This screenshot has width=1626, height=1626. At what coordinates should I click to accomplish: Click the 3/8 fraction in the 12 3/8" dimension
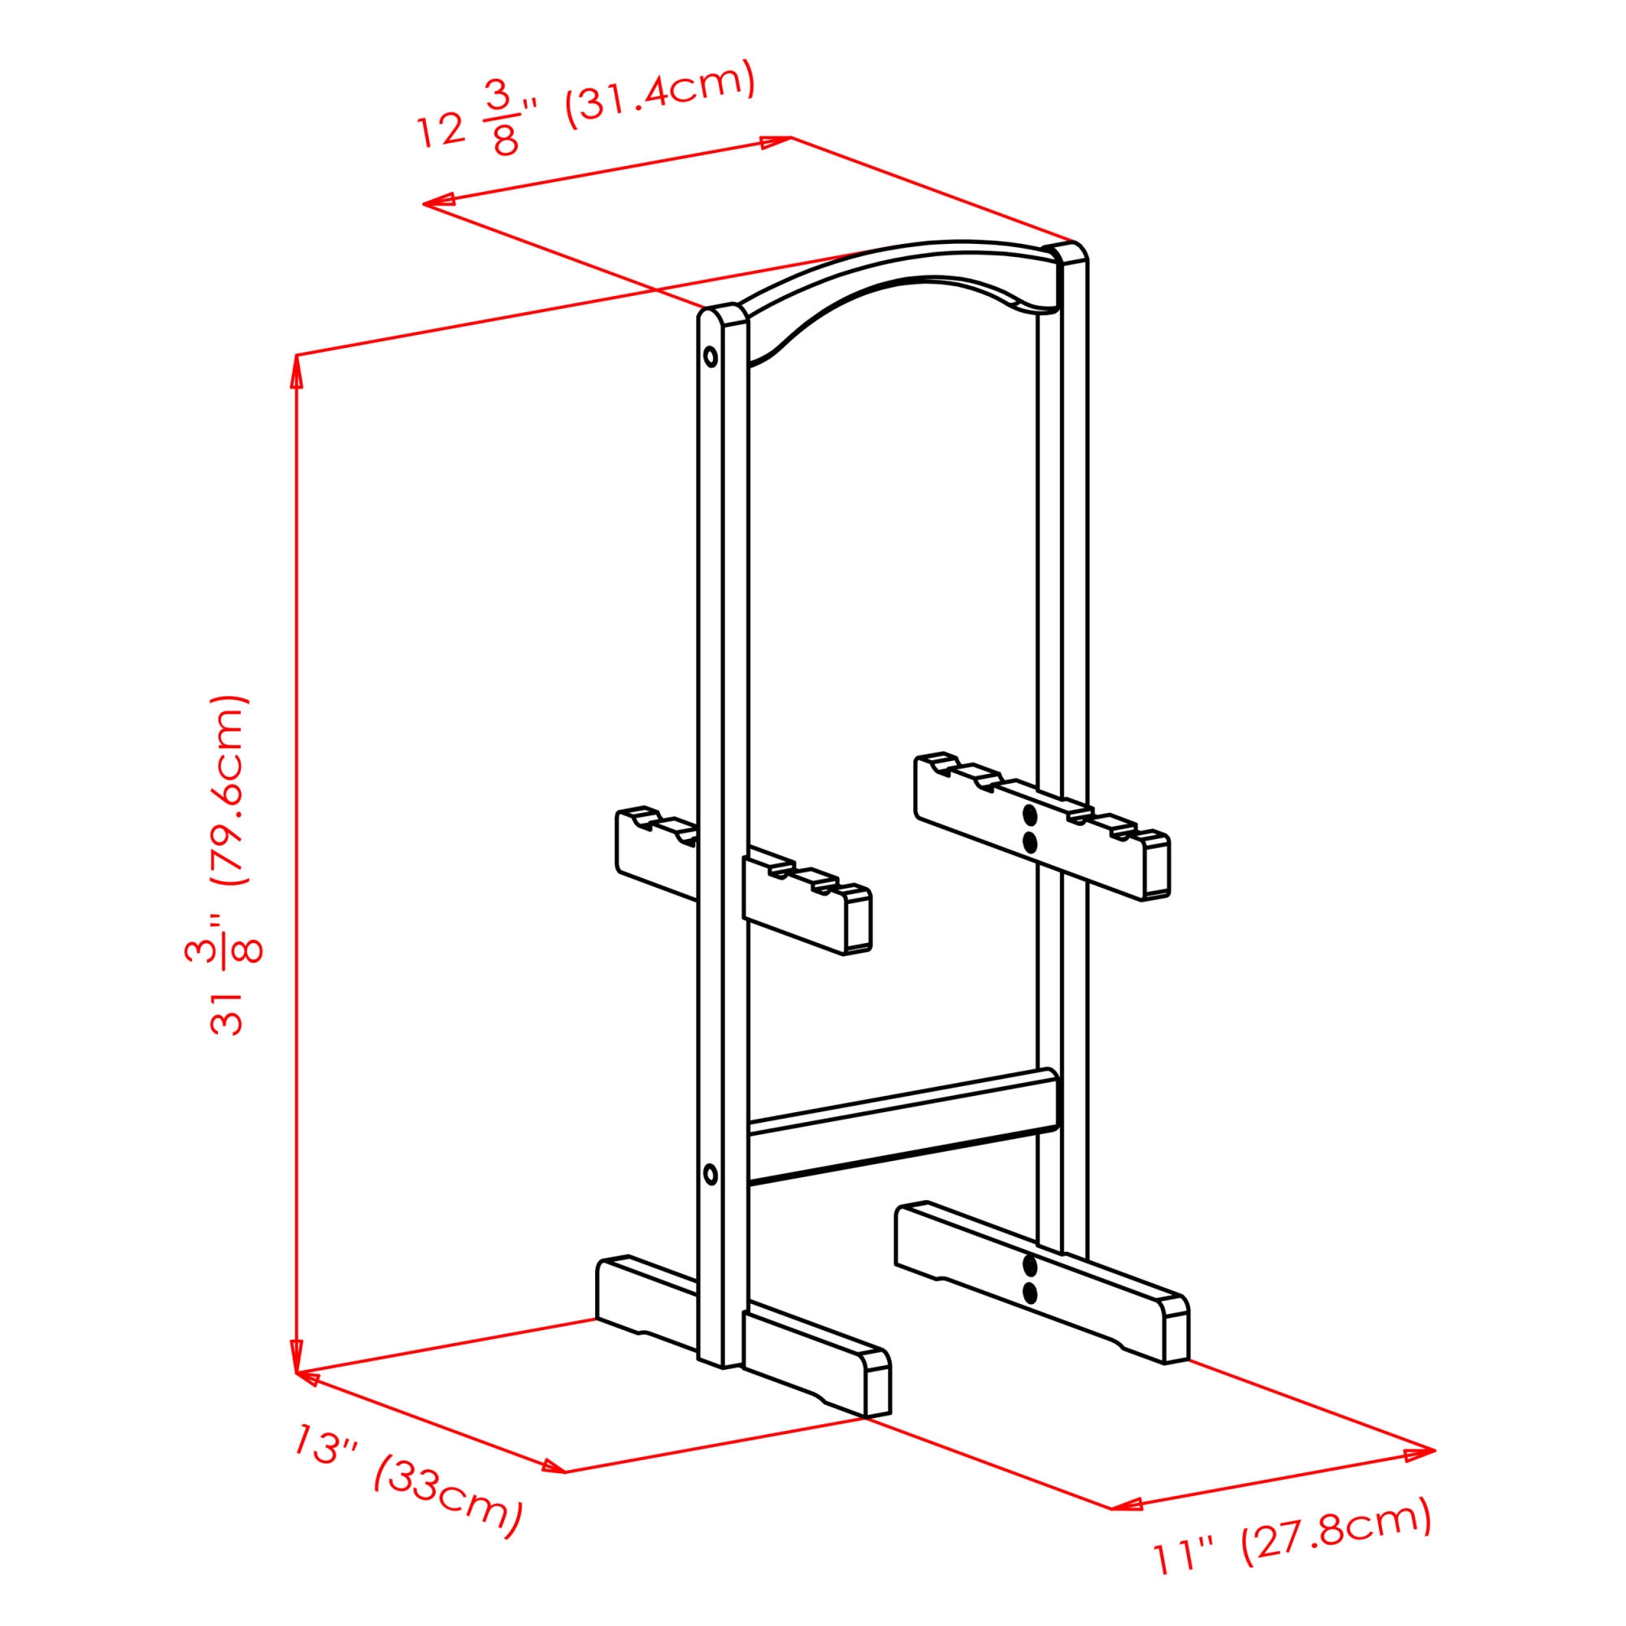[502, 121]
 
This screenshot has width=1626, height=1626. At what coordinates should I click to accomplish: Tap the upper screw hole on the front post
[711, 356]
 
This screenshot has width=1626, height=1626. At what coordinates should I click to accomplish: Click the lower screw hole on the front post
[711, 1174]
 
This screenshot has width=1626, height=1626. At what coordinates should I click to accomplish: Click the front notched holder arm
[744, 880]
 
